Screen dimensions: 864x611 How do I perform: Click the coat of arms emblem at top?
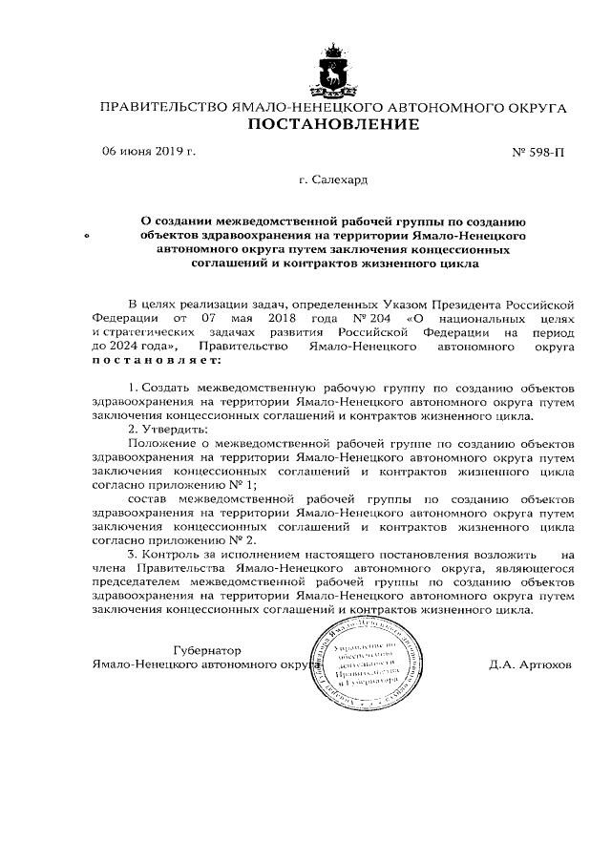pyautogui.click(x=333, y=70)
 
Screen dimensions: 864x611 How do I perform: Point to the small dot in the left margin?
pyautogui.click(x=89, y=234)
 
